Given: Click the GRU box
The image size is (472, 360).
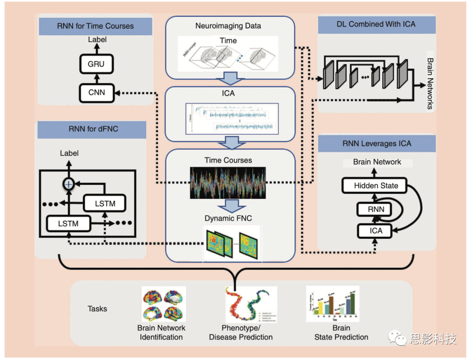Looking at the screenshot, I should coord(96,64).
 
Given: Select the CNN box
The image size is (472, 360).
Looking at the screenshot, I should coord(96,92).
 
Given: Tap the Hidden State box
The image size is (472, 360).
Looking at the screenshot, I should coord(376,185).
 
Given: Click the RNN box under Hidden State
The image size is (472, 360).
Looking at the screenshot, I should coord(376,209).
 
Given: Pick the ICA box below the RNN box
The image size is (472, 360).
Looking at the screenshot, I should coord(376,231).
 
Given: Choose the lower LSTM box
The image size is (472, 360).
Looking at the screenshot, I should coord(68,224).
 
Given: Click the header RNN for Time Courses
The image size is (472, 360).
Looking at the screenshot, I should coord(95,26).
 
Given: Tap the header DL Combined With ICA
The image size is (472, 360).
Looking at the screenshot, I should coord(376,24).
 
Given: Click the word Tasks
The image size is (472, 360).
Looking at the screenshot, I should coord(97,309).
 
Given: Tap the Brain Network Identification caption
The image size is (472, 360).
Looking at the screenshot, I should coord(161,332).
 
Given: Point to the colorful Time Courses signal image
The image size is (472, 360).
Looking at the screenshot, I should coord(228,182).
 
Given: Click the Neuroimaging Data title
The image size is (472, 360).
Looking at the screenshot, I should coord(228,26).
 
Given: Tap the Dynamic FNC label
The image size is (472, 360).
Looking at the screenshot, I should coord(228,218).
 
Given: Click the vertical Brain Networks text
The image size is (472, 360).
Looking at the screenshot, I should coord(430,83).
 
